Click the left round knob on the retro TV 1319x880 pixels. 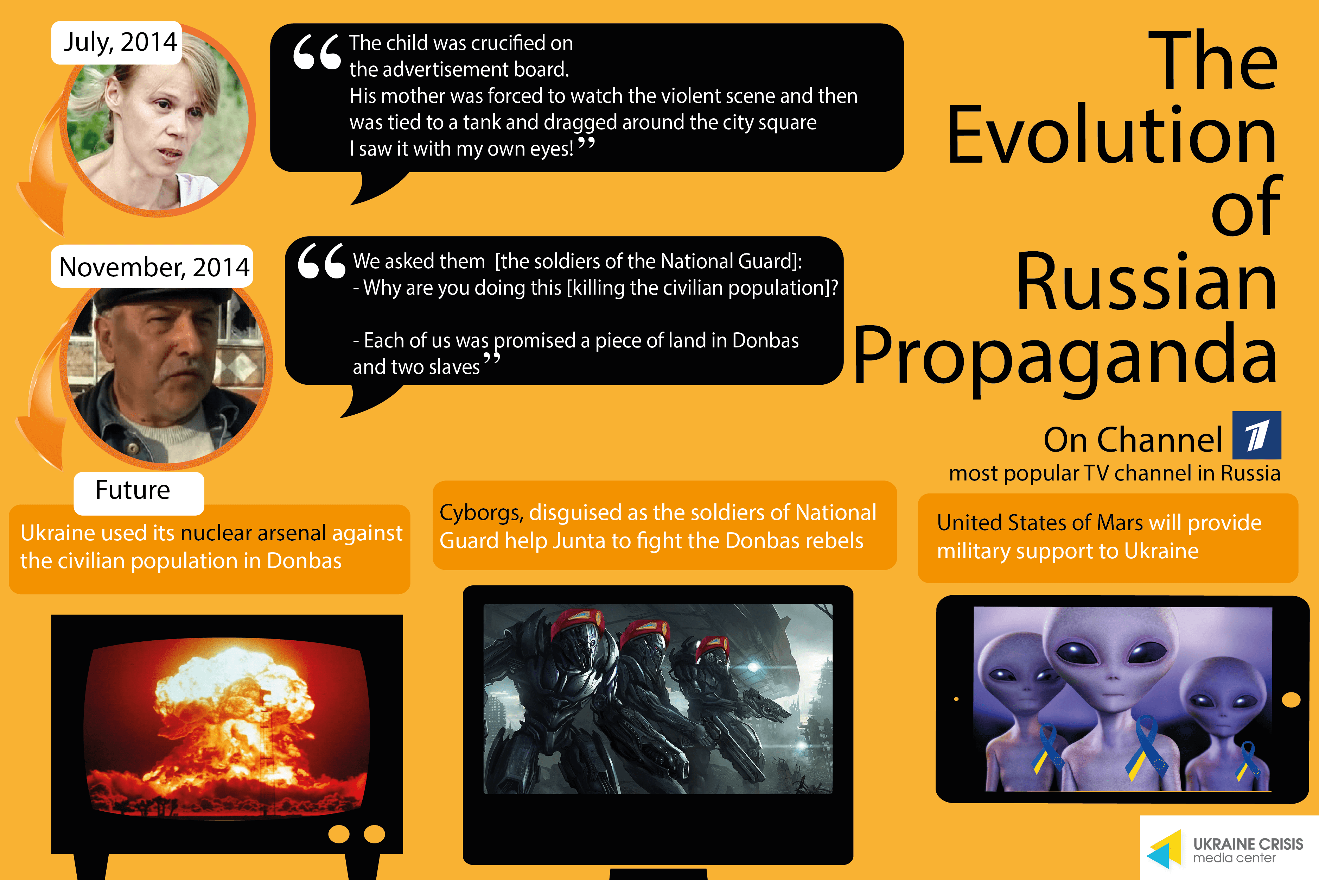pos(339,834)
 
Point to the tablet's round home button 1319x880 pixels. pos(1291,700)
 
